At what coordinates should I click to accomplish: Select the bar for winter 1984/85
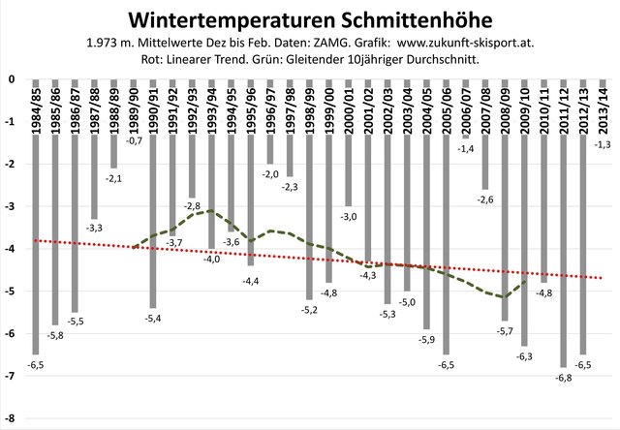pyautogui.click(x=35, y=242)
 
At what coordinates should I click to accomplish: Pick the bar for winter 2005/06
pyautogui.click(x=447, y=242)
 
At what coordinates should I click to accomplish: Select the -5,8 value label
pyautogui.click(x=57, y=335)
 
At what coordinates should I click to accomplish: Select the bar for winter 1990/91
pyautogui.click(x=153, y=194)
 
